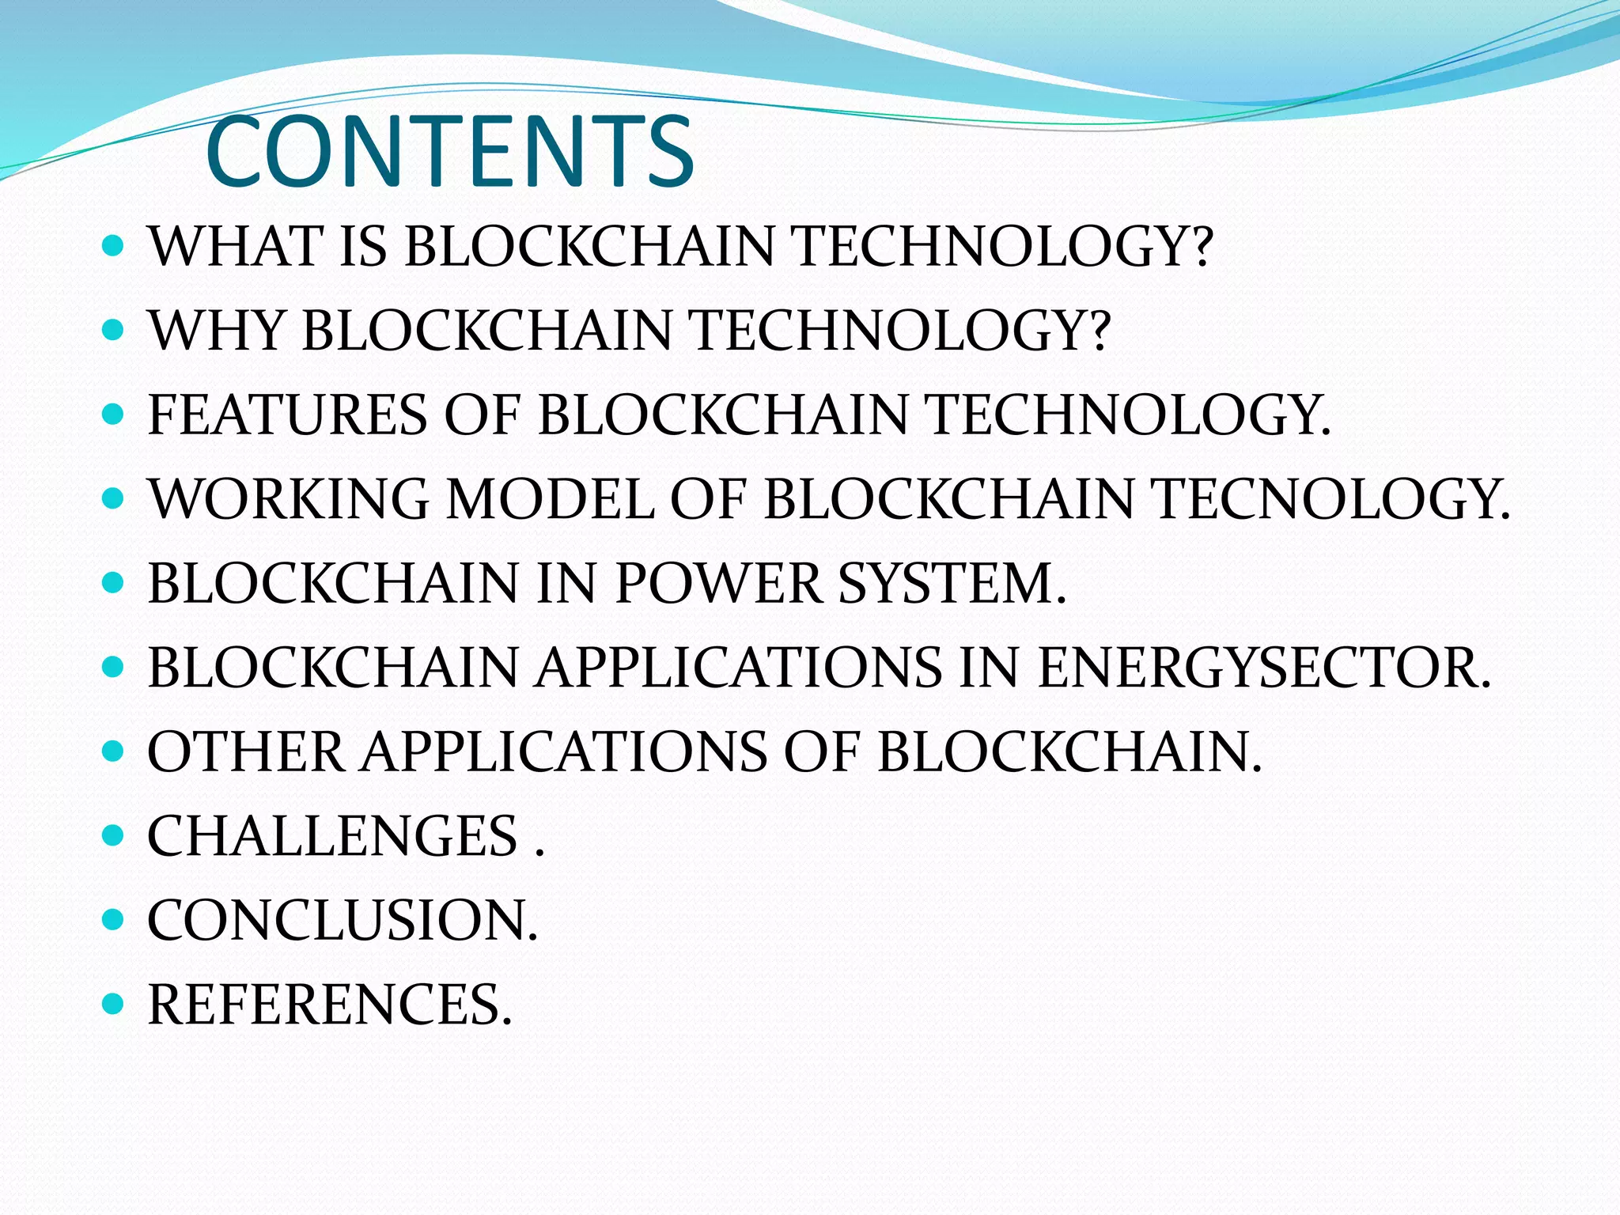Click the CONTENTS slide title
point(449,152)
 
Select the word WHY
point(216,331)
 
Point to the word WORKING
point(289,500)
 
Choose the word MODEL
point(551,500)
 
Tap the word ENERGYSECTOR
point(1262,668)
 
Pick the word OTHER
point(246,752)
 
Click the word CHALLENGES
point(333,836)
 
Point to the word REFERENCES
point(329,1005)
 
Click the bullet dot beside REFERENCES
point(114,1005)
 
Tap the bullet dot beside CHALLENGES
point(114,835)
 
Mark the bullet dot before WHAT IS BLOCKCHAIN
point(114,246)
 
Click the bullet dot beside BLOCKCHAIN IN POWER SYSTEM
point(114,584)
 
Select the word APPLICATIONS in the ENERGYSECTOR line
point(739,668)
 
